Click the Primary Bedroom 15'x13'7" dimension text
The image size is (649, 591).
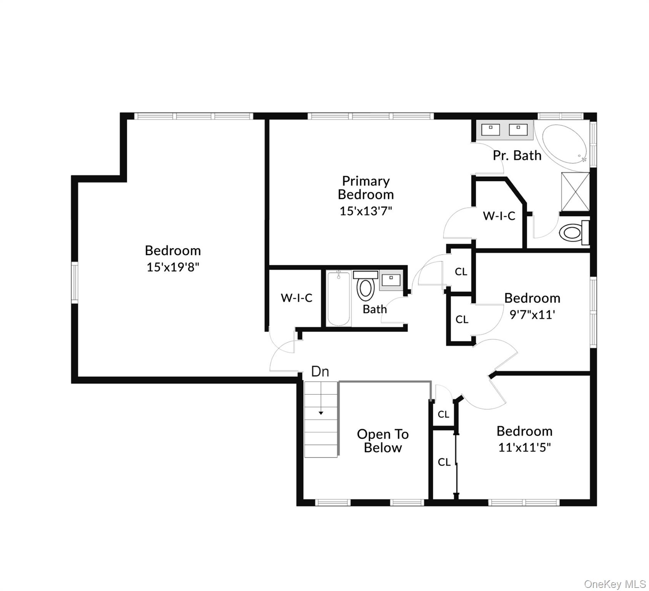click(x=366, y=211)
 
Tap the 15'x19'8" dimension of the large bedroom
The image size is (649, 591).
click(x=173, y=267)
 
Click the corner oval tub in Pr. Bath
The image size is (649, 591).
click(x=564, y=147)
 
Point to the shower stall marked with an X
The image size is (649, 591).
click(x=575, y=192)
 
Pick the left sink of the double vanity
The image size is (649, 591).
click(x=491, y=130)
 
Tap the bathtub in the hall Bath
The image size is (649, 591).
click(x=339, y=299)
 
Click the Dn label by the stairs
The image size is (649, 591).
click(x=320, y=371)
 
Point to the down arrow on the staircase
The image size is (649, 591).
click(x=321, y=413)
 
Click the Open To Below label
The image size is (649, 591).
click(x=383, y=441)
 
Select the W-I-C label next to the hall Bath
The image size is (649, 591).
click(x=296, y=298)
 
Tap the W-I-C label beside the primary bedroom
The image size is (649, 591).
click(x=499, y=216)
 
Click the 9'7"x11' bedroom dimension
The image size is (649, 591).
click(x=532, y=315)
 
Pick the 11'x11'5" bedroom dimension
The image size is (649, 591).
click(x=524, y=447)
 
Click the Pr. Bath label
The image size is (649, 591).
click(x=517, y=155)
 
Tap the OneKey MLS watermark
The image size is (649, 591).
click(x=614, y=584)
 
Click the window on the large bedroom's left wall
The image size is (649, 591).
click(x=75, y=282)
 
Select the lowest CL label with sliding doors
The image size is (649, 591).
click(x=444, y=462)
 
